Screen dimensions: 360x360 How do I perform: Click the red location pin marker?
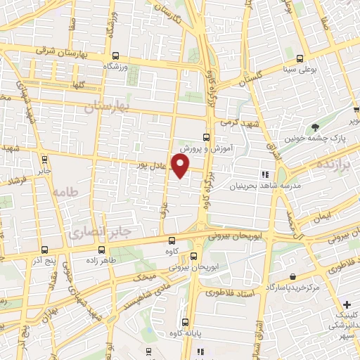[181, 166]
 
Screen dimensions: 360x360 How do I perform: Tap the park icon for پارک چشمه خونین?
[316, 127]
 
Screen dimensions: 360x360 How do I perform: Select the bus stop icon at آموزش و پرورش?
[206, 137]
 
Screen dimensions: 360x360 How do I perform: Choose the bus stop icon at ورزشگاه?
[115, 56]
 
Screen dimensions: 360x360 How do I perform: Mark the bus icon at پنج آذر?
[45, 250]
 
